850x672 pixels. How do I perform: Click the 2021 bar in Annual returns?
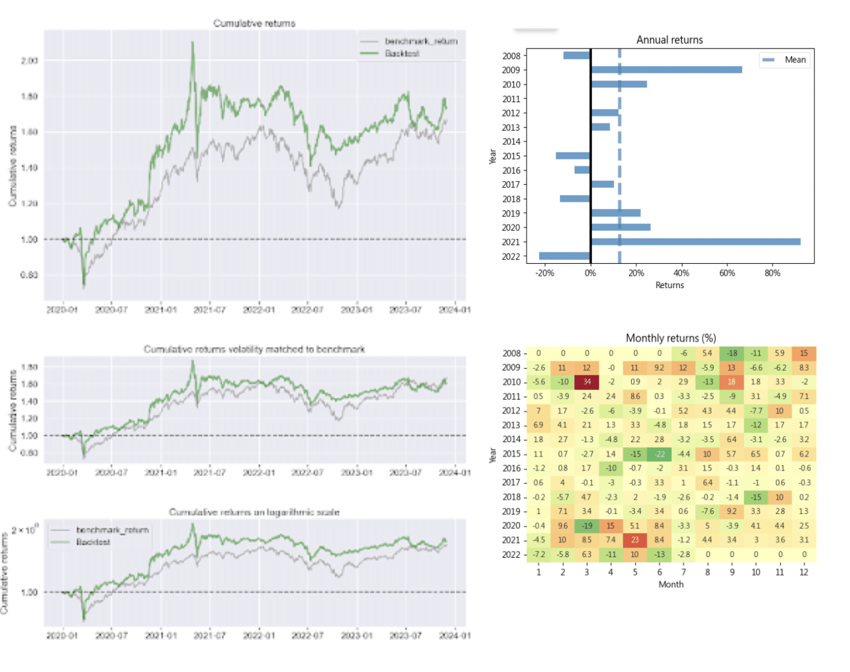click(x=695, y=242)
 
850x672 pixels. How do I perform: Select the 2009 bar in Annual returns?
click(x=666, y=70)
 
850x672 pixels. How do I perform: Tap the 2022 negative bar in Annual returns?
click(x=564, y=256)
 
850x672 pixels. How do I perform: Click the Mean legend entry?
click(x=795, y=60)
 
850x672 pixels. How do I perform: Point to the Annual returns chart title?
click(x=669, y=40)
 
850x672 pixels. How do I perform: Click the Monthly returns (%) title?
click(x=670, y=338)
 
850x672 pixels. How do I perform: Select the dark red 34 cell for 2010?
click(x=587, y=382)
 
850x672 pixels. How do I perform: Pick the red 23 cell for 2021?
click(x=635, y=540)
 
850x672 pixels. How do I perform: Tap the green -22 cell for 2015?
click(x=659, y=454)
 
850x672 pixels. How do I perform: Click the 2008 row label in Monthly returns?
click(x=511, y=353)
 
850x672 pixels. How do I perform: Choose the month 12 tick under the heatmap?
click(x=804, y=572)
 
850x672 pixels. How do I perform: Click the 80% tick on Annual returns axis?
click(x=772, y=273)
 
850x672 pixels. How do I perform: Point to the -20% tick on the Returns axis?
click(x=545, y=273)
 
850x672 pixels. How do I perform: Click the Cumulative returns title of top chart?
click(x=254, y=24)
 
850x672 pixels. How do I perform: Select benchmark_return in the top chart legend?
click(x=421, y=42)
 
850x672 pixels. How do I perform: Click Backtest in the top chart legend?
click(x=402, y=54)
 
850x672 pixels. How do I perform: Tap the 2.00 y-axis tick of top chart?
click(x=29, y=61)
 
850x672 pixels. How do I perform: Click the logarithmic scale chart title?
click(x=254, y=512)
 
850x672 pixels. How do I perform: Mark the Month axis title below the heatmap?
click(x=670, y=584)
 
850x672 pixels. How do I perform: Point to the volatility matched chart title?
click(x=254, y=349)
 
